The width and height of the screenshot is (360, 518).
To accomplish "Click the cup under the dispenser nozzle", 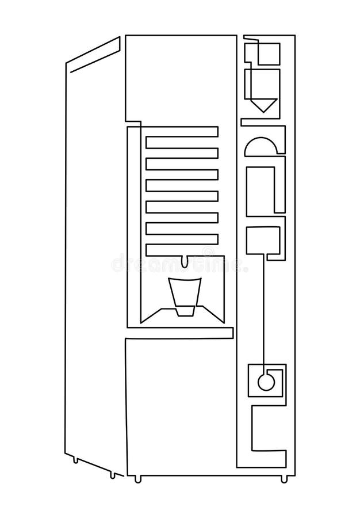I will click(184, 295).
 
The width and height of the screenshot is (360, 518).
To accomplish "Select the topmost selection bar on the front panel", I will click(182, 132).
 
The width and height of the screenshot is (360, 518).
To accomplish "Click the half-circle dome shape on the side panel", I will click(261, 147).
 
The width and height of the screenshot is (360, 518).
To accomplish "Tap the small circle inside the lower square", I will click(265, 382).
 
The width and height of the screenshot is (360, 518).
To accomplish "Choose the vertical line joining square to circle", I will click(265, 311).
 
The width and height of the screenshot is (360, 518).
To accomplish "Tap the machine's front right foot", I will click(284, 479).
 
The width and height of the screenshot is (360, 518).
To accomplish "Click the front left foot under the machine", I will click(137, 479).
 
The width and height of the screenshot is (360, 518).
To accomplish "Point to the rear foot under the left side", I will click(75, 459).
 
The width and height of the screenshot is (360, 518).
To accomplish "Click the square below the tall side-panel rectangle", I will click(263, 240).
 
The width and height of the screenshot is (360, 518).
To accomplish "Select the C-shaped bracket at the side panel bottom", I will click(267, 435).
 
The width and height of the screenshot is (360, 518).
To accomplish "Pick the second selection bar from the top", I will click(182, 153).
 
